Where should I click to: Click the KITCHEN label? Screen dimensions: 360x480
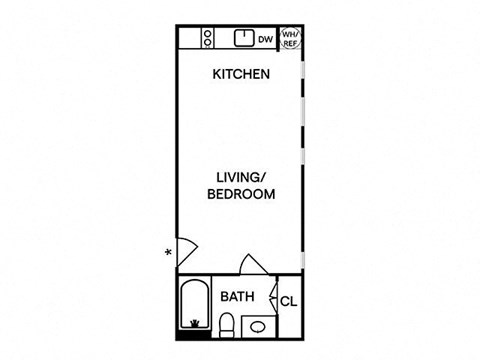pyautogui.click(x=240, y=75)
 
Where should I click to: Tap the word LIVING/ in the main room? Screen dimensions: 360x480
pyautogui.click(x=240, y=176)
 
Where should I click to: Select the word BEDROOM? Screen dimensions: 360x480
pyautogui.click(x=240, y=194)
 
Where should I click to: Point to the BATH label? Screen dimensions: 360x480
pyautogui.click(x=237, y=297)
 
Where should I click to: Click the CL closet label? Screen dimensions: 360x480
pyautogui.click(x=287, y=301)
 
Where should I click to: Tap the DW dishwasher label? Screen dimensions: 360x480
pyautogui.click(x=265, y=40)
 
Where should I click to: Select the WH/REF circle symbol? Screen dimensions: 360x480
pyautogui.click(x=290, y=38)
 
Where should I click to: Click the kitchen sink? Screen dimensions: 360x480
pyautogui.click(x=243, y=38)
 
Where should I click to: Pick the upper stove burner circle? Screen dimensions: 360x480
pyautogui.click(x=208, y=33)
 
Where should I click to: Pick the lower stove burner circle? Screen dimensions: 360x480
pyautogui.click(x=208, y=43)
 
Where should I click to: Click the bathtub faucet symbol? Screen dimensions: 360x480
pyautogui.click(x=194, y=323)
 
